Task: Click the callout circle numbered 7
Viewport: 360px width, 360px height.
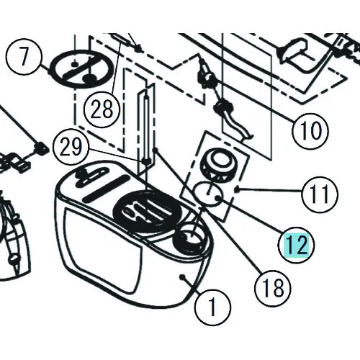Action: click(x=23, y=57)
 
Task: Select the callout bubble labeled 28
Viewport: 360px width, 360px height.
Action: click(x=102, y=109)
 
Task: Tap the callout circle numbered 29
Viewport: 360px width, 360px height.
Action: click(x=71, y=147)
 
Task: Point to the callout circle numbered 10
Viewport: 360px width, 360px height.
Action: click(x=310, y=130)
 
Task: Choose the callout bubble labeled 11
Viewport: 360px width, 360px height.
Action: click(x=320, y=194)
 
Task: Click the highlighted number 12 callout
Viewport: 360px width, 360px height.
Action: click(x=297, y=245)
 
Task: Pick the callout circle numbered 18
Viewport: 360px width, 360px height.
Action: click(x=273, y=287)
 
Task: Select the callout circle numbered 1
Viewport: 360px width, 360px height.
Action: click(x=212, y=307)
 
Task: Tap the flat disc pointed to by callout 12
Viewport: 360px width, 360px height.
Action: click(x=208, y=193)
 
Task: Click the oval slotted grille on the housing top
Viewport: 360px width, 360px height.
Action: click(x=148, y=211)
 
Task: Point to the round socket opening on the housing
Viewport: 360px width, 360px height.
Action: click(x=189, y=239)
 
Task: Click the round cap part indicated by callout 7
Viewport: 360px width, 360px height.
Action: click(x=82, y=69)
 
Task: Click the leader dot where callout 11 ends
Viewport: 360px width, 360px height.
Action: click(x=237, y=189)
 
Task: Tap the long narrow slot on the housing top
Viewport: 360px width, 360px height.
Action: click(x=106, y=187)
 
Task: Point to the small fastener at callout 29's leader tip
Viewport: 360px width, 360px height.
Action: click(x=146, y=161)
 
